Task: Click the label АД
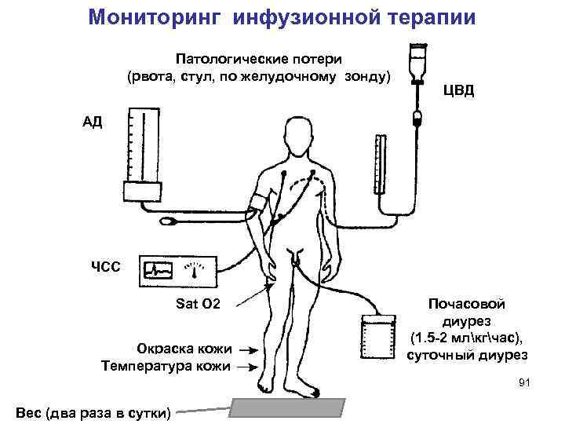[x=92, y=122]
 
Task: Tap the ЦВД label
[x=459, y=90]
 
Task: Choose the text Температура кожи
[x=166, y=365]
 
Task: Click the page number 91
[x=525, y=382]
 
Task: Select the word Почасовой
[x=466, y=304]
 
